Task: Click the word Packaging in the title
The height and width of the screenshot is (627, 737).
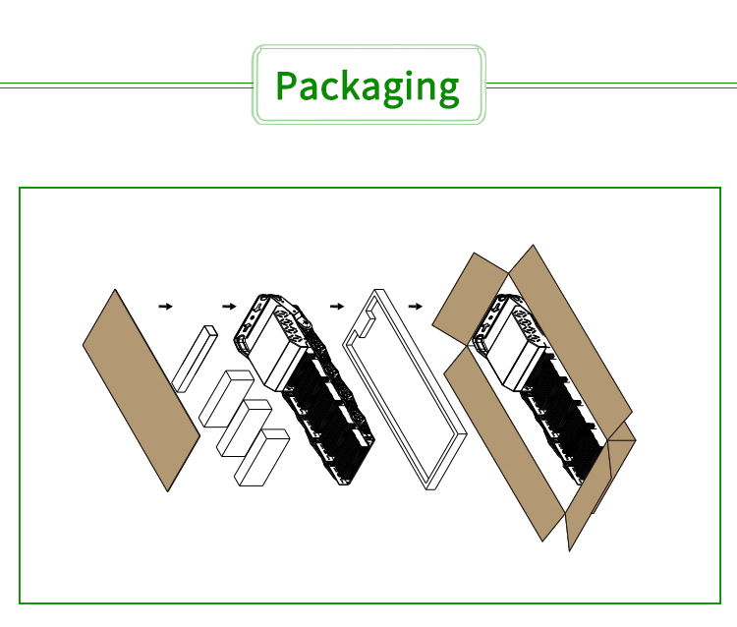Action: point(368,87)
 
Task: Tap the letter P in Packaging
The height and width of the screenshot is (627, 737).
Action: point(285,85)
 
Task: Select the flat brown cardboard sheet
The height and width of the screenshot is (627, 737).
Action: point(142,390)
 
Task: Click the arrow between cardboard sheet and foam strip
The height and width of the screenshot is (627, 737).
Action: point(165,307)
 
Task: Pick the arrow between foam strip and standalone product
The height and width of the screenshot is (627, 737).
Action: point(229,307)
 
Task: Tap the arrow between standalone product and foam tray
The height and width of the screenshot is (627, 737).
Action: point(337,307)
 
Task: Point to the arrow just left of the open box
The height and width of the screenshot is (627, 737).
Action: point(415,307)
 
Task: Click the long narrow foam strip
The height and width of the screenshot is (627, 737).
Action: point(195,359)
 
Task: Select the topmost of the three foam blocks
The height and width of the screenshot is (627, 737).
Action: point(226,399)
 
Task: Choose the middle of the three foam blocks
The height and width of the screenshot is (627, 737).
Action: point(244,428)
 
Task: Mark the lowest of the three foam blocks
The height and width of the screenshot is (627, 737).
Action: point(261,457)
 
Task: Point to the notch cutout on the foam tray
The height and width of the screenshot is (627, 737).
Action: point(366,323)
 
